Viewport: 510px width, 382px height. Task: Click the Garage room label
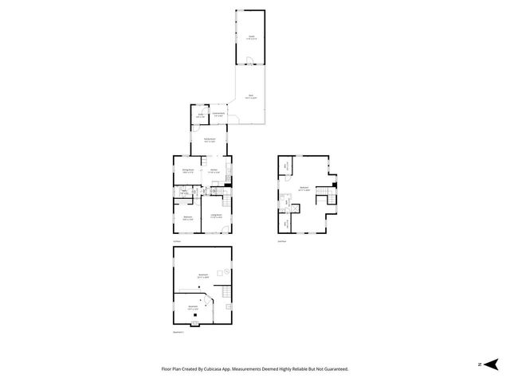(250, 36)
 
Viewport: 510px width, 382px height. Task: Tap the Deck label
(250, 96)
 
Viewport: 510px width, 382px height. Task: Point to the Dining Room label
(188, 170)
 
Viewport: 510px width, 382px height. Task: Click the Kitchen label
(214, 170)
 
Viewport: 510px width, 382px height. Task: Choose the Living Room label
(215, 215)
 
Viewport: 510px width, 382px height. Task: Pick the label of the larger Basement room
(204, 275)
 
